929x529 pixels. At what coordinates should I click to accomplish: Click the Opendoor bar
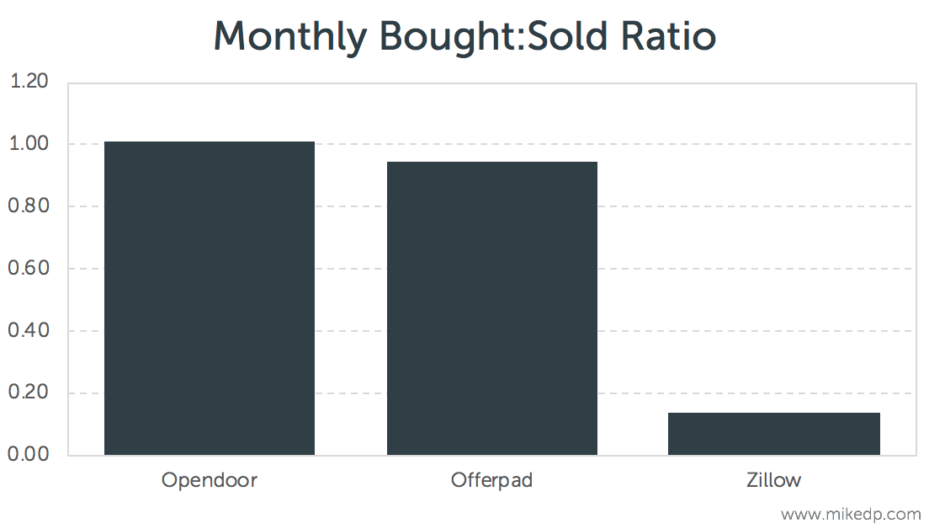[210, 298]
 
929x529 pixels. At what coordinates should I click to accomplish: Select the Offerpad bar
[491, 308]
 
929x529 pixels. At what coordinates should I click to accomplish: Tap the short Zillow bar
[773, 434]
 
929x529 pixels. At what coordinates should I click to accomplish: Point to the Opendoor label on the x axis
[210, 481]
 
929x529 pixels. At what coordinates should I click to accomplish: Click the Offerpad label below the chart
[491, 481]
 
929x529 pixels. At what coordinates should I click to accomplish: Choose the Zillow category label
[773, 481]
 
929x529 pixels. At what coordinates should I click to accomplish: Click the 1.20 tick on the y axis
[29, 82]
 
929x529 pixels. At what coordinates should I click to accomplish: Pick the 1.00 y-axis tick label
[29, 144]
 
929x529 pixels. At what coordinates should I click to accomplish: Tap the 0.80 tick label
[29, 206]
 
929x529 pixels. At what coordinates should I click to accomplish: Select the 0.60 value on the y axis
[29, 269]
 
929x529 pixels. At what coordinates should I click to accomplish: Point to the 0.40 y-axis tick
[29, 331]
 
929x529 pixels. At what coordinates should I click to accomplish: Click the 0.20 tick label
[29, 393]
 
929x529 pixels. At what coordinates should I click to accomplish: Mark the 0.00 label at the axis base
[29, 455]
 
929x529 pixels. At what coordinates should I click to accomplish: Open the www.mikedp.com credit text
[851, 513]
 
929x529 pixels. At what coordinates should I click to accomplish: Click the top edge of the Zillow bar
[773, 414]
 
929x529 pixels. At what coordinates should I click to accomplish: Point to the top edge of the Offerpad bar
[491, 163]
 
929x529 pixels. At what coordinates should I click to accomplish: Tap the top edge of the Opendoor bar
[210, 142]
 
